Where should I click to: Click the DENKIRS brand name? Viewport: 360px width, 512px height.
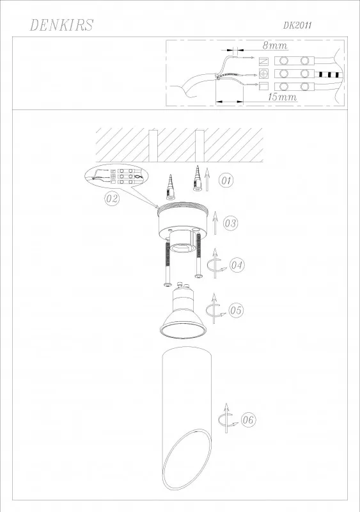[x=61, y=25]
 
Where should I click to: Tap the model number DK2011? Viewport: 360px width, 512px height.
[x=297, y=26]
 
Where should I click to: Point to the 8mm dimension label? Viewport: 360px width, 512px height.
[x=275, y=45]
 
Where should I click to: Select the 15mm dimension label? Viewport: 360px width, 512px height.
[x=283, y=97]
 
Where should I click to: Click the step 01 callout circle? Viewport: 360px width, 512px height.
[x=226, y=180]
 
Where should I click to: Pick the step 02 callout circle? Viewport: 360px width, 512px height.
[x=112, y=198]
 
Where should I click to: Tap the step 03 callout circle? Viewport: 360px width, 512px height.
[x=230, y=223]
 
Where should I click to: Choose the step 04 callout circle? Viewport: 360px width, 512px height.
[x=237, y=265]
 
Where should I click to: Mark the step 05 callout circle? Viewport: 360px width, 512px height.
[x=236, y=310]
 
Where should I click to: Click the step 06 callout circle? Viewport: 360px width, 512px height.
[x=248, y=420]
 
